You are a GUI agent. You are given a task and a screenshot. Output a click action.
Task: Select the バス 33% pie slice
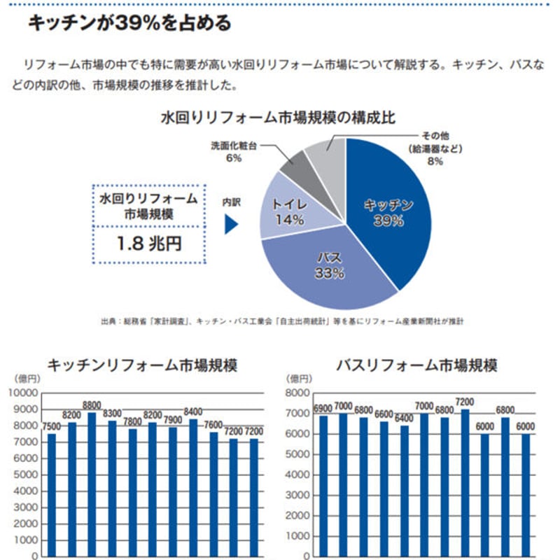pos(329,269)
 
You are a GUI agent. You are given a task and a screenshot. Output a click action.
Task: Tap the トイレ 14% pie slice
pos(288,213)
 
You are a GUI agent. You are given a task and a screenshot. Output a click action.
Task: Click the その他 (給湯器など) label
pos(435,148)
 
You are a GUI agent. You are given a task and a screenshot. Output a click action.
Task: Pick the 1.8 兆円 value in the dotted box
pos(150,245)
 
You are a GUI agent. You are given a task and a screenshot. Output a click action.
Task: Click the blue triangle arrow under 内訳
pos(230,224)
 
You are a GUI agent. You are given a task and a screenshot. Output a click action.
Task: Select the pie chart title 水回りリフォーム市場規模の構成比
pos(279,118)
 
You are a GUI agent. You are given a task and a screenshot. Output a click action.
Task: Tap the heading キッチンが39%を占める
pos(129,24)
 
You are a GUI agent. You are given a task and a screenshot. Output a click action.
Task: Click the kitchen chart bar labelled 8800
pos(92,483)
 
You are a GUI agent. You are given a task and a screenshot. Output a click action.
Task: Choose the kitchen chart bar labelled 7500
pos(52,493)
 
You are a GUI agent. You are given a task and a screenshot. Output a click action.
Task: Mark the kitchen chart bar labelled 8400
pos(193,486)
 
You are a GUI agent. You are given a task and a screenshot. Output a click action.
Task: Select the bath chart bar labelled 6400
pos(405,490)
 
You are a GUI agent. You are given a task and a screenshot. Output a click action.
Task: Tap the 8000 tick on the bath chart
pos(297,393)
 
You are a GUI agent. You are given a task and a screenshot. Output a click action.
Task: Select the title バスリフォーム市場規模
pos(417,365)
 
